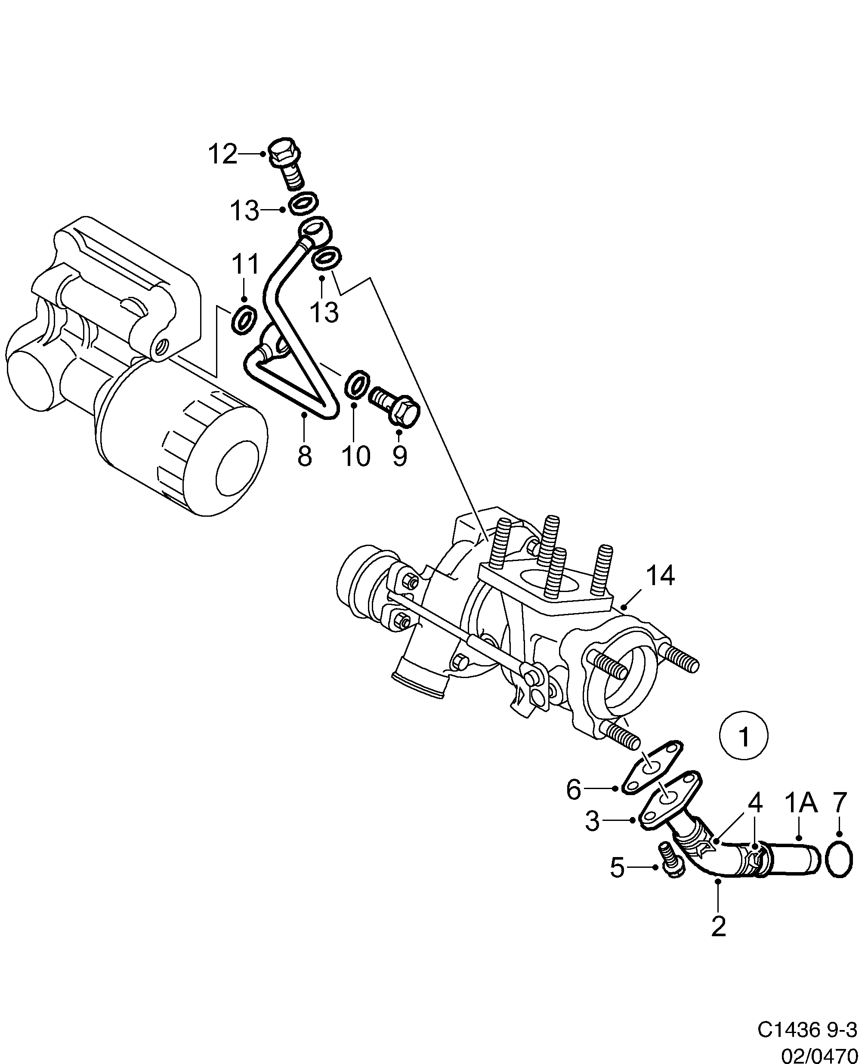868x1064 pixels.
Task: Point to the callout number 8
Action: (305, 456)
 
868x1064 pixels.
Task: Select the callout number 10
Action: (356, 456)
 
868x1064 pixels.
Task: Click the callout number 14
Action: (660, 576)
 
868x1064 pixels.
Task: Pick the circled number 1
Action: (744, 736)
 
